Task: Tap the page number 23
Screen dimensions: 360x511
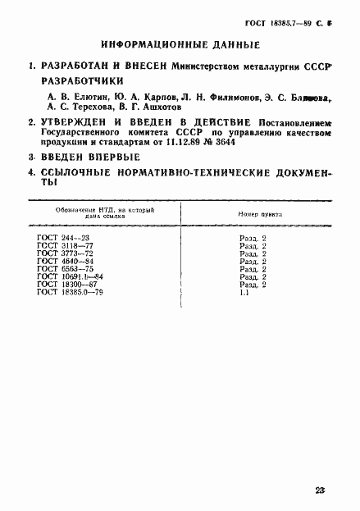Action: pyautogui.click(x=320, y=490)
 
